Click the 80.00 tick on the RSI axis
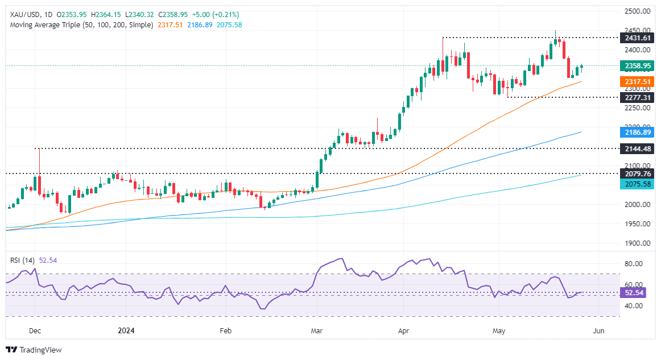point(633,264)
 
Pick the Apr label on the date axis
point(404,330)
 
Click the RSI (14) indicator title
point(23,260)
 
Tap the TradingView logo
point(34,350)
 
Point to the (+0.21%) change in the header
point(225,14)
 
